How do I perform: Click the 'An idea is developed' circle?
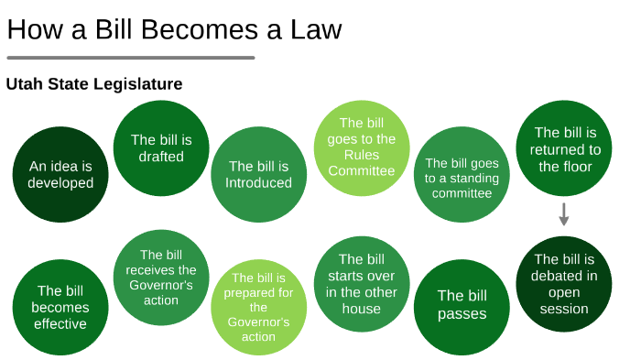click(60, 174)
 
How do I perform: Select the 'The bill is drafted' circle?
click(161, 148)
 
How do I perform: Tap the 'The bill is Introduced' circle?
click(258, 174)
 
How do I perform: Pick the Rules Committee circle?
click(362, 148)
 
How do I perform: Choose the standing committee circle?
click(462, 174)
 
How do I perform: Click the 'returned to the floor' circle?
click(564, 148)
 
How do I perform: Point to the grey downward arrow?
click(564, 214)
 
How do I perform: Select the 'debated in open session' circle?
click(564, 284)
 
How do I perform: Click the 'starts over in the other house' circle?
click(362, 284)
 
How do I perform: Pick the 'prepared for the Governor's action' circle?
click(258, 307)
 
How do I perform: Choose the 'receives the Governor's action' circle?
click(161, 278)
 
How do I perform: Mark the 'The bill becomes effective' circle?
click(60, 307)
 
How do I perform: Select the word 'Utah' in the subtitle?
click(24, 84)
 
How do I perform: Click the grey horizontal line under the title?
click(130, 58)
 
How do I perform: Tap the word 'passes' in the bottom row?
click(462, 314)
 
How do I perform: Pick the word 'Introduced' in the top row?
click(258, 182)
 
